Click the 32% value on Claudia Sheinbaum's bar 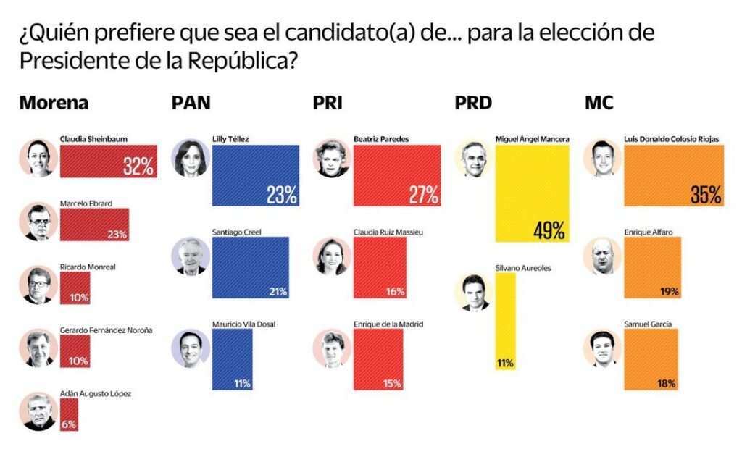138,167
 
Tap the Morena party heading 54,103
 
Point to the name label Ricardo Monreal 88,267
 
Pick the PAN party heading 191,103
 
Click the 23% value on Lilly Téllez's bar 280,194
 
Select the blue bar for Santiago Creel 251,267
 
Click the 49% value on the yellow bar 549,231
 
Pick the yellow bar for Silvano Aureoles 505,322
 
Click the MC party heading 599,103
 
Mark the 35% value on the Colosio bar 705,194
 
